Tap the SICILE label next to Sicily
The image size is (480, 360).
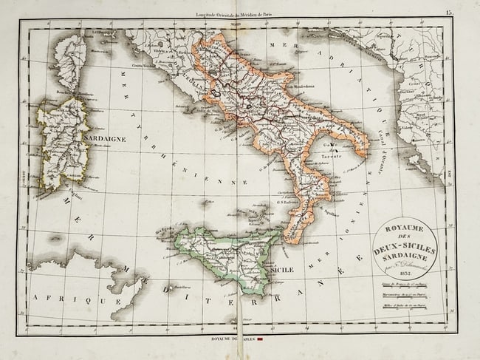(281, 270)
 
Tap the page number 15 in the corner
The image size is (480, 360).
(449, 13)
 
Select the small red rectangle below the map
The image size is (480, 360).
(261, 341)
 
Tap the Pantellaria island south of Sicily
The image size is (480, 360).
(169, 288)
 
